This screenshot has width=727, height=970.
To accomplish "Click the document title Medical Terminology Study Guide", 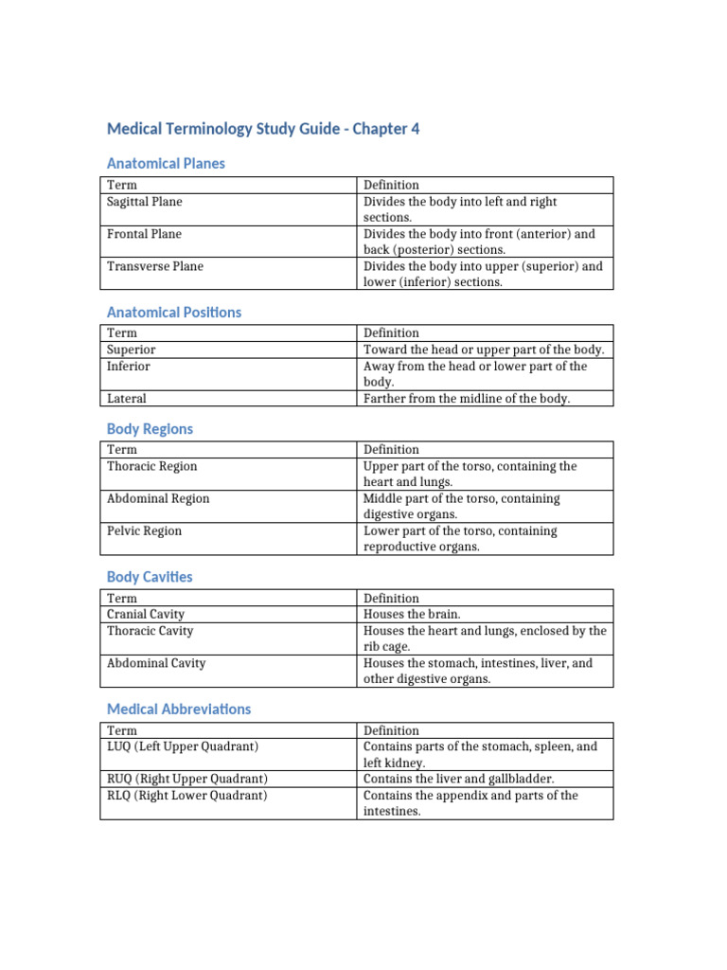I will pos(263,129).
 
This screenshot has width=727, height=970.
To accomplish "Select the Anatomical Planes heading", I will pos(166,163).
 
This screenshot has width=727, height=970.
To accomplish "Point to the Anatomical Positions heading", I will pos(174,312).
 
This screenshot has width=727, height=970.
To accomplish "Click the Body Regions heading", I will pos(150,428).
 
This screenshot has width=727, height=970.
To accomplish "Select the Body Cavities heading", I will pos(150,576).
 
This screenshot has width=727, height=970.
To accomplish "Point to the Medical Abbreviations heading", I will pos(179,709).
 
